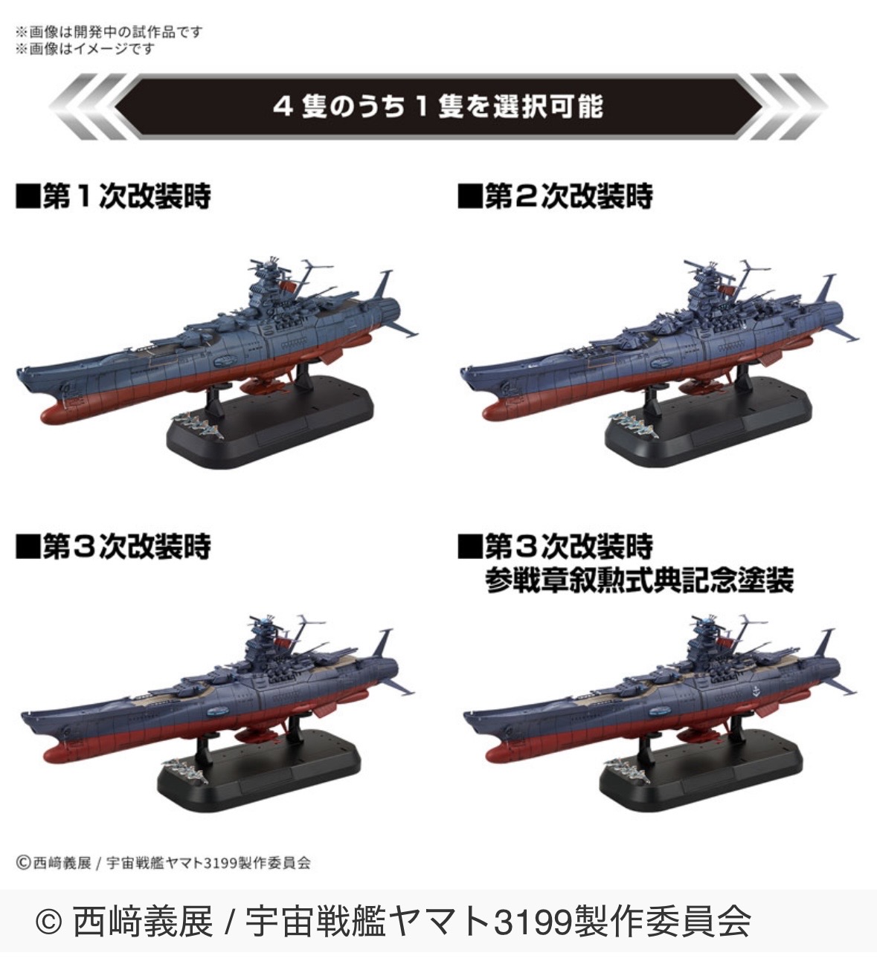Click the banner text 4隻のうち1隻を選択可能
point(438,106)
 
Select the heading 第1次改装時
point(127,196)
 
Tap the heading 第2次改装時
point(568,196)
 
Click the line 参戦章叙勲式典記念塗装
point(640,581)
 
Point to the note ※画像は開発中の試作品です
point(109,32)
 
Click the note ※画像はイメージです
point(85,49)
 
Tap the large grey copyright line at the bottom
point(393,922)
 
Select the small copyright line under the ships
point(163,863)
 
